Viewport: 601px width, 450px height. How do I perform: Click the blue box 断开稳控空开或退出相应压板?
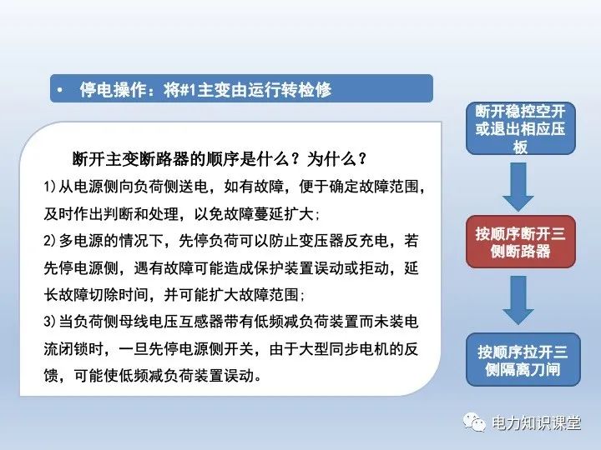point(520,129)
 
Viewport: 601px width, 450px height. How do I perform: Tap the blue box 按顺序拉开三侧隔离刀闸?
point(520,360)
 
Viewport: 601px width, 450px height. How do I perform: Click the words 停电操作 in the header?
point(107,89)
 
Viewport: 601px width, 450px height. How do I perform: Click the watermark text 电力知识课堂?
point(536,423)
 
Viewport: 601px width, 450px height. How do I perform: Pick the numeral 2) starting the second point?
point(48,241)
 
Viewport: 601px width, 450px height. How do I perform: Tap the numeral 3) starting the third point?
point(48,322)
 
